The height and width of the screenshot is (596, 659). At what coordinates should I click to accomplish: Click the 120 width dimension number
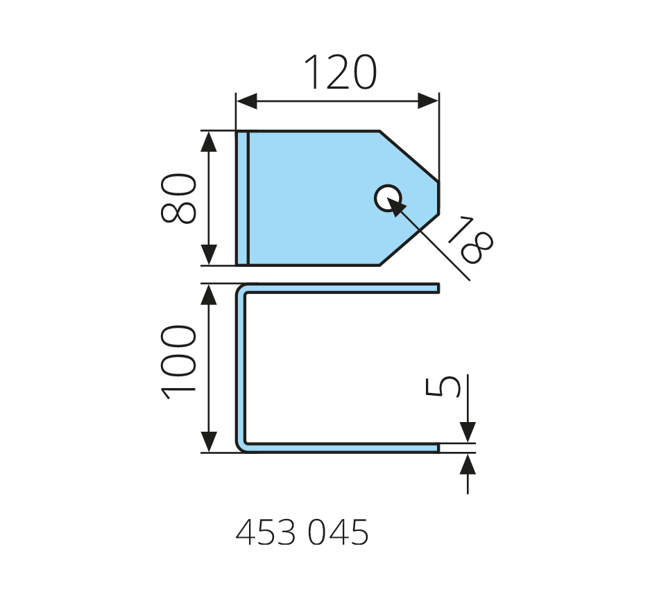[341, 72]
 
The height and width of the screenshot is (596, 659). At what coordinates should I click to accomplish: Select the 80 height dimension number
[178, 198]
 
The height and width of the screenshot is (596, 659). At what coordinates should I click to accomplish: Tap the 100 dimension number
[178, 362]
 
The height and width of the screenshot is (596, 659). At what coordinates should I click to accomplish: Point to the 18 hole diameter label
[471, 240]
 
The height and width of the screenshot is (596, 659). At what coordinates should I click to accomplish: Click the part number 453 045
[302, 532]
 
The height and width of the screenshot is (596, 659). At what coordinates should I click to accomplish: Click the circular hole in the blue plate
[388, 198]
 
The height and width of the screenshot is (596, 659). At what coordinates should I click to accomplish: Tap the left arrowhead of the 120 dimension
[247, 101]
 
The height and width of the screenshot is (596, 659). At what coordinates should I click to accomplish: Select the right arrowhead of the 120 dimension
[428, 101]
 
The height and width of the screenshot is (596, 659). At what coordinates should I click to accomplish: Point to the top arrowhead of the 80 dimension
[209, 141]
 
